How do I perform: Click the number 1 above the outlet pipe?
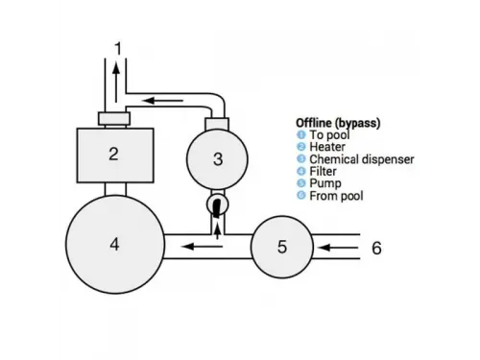(x=117, y=48)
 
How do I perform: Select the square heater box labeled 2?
(x=114, y=153)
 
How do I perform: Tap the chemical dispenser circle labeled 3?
(x=217, y=158)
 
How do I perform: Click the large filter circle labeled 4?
(x=114, y=244)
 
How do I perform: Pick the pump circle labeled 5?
(x=281, y=246)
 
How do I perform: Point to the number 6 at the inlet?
(x=376, y=248)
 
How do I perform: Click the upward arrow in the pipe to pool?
(x=117, y=83)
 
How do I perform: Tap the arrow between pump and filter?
(x=203, y=247)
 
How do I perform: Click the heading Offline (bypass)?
(x=336, y=123)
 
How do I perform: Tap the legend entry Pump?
(x=322, y=184)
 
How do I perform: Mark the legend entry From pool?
(x=329, y=196)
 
